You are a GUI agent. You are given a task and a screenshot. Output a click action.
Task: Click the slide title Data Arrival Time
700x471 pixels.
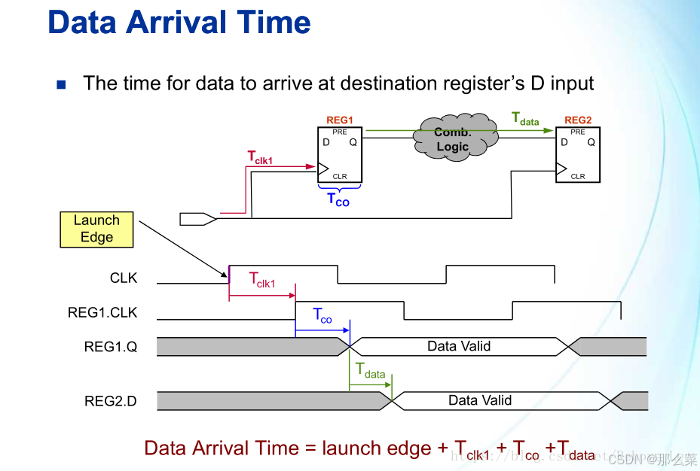179,22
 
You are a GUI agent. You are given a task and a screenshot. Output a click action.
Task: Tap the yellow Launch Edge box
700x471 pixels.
96,229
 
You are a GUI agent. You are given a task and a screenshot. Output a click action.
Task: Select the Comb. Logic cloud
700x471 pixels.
453,139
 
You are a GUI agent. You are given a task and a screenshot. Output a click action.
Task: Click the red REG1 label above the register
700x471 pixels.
339,120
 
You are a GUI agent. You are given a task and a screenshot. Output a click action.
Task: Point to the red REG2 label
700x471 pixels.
578,120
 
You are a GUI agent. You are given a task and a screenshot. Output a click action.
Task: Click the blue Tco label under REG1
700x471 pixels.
338,200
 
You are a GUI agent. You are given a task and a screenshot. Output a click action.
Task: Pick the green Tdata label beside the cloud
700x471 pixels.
525,118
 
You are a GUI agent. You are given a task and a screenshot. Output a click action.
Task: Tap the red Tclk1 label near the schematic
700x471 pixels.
259,157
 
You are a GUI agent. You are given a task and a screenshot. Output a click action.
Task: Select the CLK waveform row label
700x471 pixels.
124,278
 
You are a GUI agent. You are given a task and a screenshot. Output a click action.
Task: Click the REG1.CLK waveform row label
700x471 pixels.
102,312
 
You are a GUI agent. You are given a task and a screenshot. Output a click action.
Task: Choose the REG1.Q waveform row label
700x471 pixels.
111,347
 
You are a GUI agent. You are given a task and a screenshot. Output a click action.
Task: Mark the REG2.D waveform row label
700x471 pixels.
111,401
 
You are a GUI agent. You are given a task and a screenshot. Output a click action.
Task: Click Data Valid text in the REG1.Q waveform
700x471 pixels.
458,346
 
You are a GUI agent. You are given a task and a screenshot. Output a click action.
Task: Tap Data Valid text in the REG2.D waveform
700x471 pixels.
479,400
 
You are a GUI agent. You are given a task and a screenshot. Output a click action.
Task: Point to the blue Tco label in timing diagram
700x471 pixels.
322,316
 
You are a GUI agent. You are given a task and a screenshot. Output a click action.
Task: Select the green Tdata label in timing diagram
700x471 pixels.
370,371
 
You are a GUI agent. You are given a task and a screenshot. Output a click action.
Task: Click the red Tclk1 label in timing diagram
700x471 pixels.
262,280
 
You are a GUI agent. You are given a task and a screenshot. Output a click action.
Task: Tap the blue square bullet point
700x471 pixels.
62,84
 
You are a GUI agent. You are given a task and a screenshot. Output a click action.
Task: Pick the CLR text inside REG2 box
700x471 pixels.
578,176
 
